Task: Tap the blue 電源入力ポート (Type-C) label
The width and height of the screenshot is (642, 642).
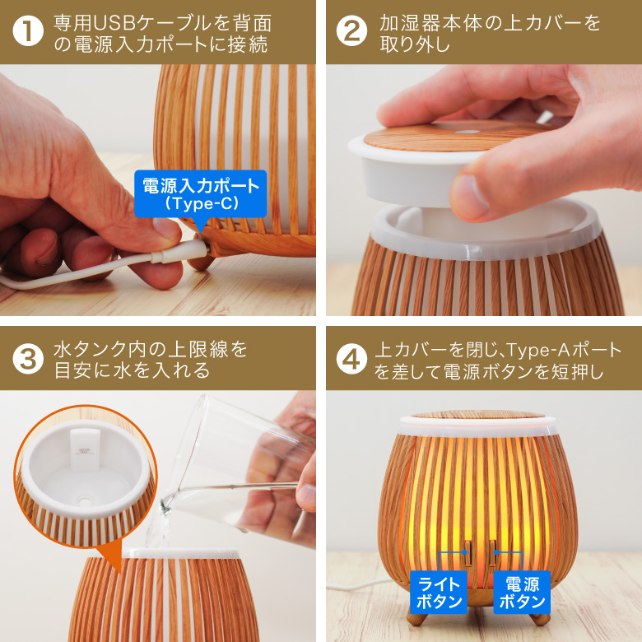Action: (201, 193)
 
